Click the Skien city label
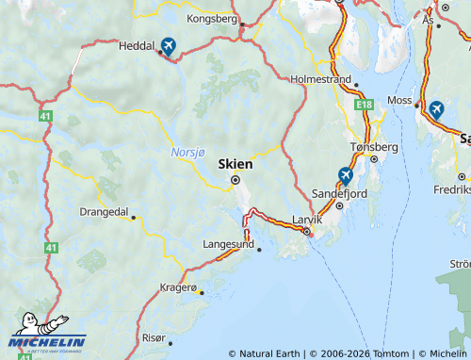pyautogui.click(x=235, y=163)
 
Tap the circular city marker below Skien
pyautogui.click(x=235, y=179)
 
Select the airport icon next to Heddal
pyautogui.click(x=168, y=45)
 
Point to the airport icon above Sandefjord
pyautogui.click(x=346, y=175)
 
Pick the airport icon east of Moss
pyautogui.click(x=436, y=109)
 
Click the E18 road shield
pyautogui.click(x=365, y=106)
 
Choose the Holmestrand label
pyautogui.click(x=321, y=79)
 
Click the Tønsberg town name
pyautogui.click(x=374, y=147)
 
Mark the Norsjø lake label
pyautogui.click(x=187, y=151)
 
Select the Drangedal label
pyautogui.click(x=104, y=212)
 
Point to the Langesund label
pyautogui.click(x=229, y=244)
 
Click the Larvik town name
pyautogui.click(x=307, y=219)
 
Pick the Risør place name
pyautogui.click(x=153, y=336)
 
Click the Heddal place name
pyautogui.click(x=137, y=44)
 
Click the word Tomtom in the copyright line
pyautogui.click(x=392, y=353)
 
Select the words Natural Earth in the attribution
pyautogui.click(x=270, y=353)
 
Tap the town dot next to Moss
pyautogui.click(x=417, y=106)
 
